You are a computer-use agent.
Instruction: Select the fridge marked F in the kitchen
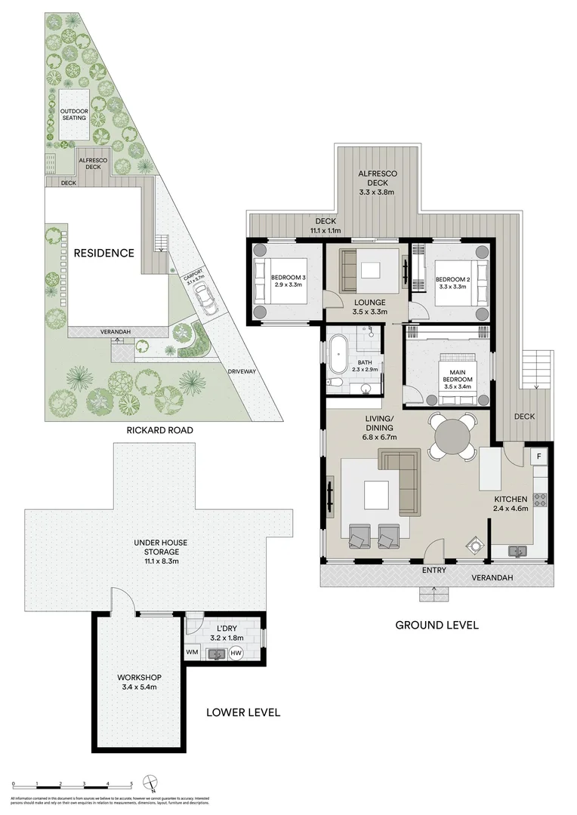pos(539,457)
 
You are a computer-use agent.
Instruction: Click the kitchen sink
pos(518,551)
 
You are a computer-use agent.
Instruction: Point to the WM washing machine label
pos(191,652)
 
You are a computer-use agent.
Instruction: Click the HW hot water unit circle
pos(236,653)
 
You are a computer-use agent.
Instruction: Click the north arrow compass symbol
pos(153,783)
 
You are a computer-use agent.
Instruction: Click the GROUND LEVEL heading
pos(437,625)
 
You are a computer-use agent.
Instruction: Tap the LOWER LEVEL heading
pos(243,712)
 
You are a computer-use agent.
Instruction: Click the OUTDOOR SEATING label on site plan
pos(74,115)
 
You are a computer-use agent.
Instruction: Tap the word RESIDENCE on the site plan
pos(103,253)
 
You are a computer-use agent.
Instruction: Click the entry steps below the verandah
pos(434,594)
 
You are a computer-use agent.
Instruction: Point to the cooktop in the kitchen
pos(540,500)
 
